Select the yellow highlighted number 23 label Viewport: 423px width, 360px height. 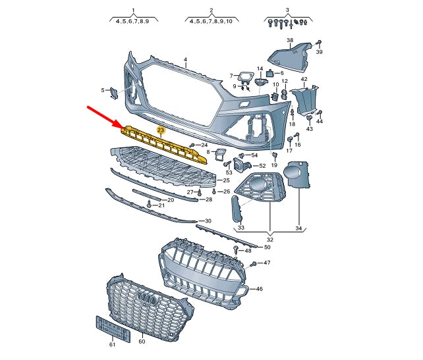click(160, 131)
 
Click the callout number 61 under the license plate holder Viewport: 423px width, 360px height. click(112, 344)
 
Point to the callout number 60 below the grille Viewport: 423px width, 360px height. click(141, 342)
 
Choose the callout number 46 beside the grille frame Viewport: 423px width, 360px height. click(259, 289)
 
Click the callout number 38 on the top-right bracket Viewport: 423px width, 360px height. click(289, 41)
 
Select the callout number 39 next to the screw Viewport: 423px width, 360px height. click(319, 52)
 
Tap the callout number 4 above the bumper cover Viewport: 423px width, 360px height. click(186, 60)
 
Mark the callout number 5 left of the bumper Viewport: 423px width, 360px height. click(102, 90)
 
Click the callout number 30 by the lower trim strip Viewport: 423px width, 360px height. click(208, 221)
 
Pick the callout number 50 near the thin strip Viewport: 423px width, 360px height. click(267, 247)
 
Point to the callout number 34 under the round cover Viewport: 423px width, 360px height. click(298, 228)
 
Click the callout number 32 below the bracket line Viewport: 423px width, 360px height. click(271, 240)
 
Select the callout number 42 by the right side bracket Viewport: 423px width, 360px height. click(304, 79)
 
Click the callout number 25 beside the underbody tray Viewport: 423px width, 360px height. click(225, 180)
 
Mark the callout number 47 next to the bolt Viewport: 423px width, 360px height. click(267, 263)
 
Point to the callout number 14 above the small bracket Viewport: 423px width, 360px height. click(260, 69)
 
